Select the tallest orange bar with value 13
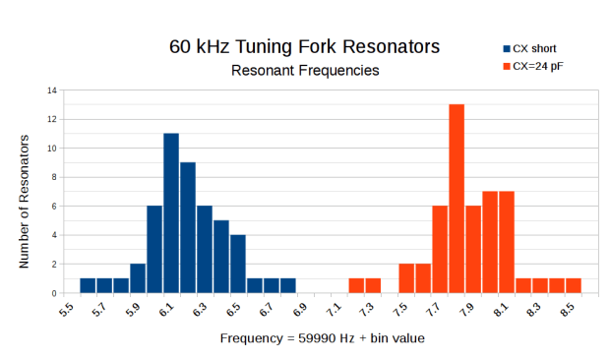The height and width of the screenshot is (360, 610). click(x=457, y=199)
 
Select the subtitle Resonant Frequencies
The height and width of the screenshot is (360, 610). click(x=304, y=71)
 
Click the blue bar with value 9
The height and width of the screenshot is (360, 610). click(x=188, y=227)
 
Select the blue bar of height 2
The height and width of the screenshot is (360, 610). click(x=138, y=278)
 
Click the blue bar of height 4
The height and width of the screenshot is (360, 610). click(x=238, y=264)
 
